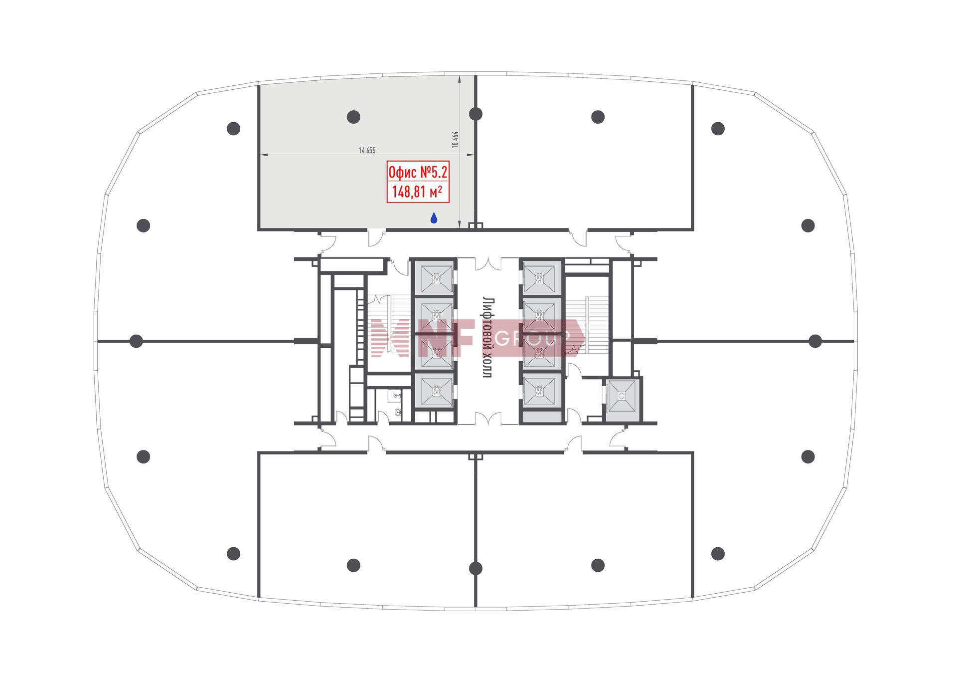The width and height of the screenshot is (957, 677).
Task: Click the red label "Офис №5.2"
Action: click(x=418, y=173)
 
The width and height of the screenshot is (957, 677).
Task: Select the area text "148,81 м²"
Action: click(x=418, y=192)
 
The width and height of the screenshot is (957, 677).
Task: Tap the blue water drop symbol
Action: click(x=434, y=218)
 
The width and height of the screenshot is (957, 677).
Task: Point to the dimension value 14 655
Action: click(x=367, y=150)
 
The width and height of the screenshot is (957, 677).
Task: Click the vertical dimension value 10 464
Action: click(x=454, y=139)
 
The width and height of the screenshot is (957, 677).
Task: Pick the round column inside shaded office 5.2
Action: click(x=353, y=117)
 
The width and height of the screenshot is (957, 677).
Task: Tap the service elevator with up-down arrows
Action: click(x=622, y=396)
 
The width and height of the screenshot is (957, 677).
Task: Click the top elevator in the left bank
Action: click(x=437, y=280)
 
